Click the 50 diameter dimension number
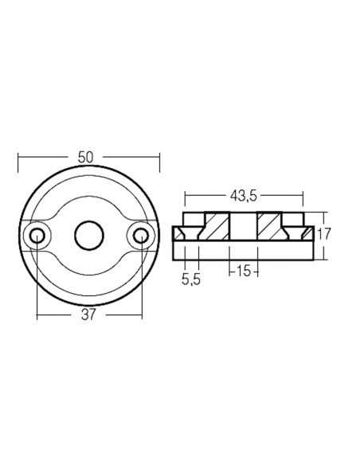tap(88, 158)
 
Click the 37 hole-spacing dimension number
tap(88, 315)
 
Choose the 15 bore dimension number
tap(243, 272)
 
